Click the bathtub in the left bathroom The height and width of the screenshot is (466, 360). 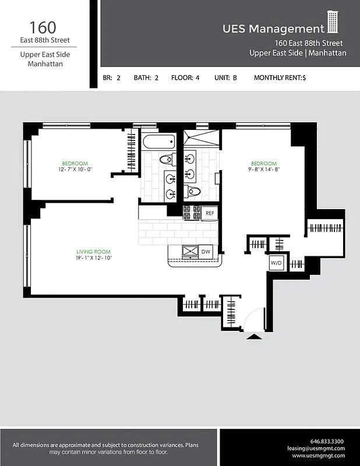(x=158, y=142)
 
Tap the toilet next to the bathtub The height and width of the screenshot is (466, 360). (x=167, y=158)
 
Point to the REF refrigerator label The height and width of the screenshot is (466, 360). (x=210, y=214)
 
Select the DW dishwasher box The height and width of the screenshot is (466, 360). (x=206, y=252)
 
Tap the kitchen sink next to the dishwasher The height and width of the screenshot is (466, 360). (x=189, y=252)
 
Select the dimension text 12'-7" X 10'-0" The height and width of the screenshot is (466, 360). (x=75, y=170)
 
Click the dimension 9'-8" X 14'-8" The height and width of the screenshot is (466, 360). (x=263, y=170)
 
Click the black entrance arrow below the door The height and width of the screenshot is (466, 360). (x=255, y=336)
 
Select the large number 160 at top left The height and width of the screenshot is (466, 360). (x=43, y=27)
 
